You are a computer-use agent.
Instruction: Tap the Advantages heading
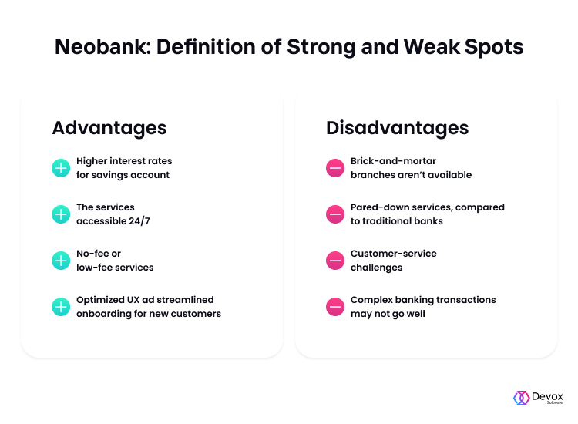pyautogui.click(x=109, y=129)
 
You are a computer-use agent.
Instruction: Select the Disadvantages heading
pyautogui.click(x=398, y=128)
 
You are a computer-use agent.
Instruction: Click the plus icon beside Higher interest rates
pyautogui.click(x=61, y=168)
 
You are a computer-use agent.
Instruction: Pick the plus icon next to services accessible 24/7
pyautogui.click(x=61, y=214)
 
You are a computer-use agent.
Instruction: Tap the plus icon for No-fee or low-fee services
pyautogui.click(x=61, y=261)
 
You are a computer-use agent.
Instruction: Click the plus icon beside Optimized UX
pyautogui.click(x=61, y=307)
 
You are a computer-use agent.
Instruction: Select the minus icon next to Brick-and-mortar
pyautogui.click(x=335, y=168)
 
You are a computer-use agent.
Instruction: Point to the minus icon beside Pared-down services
pyautogui.click(x=335, y=214)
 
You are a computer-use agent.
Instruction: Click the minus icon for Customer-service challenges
pyautogui.click(x=335, y=261)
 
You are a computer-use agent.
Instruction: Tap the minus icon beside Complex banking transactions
pyautogui.click(x=335, y=307)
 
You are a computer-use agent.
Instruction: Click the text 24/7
pyautogui.click(x=139, y=221)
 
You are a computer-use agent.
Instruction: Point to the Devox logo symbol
pyautogui.click(x=521, y=399)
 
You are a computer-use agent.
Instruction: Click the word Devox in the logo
pyautogui.click(x=547, y=397)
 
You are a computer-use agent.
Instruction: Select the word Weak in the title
pyautogui.click(x=432, y=47)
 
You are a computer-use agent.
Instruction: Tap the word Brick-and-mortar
pyautogui.click(x=393, y=161)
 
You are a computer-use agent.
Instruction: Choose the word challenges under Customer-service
pyautogui.click(x=376, y=268)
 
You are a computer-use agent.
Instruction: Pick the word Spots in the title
pyautogui.click(x=494, y=48)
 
